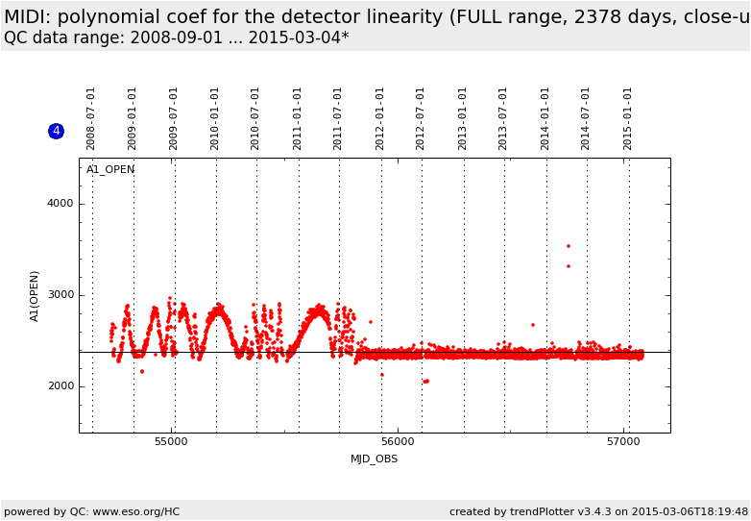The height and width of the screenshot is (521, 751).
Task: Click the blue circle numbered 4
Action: pos(56,131)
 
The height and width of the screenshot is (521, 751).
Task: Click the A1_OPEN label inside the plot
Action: pos(110,170)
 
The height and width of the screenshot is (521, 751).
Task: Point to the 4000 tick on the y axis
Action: pos(61,204)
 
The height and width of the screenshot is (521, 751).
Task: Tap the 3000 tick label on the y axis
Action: pos(61,295)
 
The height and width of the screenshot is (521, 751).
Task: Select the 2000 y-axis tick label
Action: pos(61,386)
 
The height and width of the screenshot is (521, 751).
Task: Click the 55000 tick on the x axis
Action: pos(172,441)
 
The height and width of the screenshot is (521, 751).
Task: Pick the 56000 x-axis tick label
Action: pos(398,441)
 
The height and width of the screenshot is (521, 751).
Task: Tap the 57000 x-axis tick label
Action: pos(623,441)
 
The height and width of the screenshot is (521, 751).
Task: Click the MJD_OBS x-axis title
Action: pos(374,459)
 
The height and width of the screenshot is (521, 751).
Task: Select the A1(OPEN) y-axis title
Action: pos(35,295)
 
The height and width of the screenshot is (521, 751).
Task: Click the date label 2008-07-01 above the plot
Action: pos(91,118)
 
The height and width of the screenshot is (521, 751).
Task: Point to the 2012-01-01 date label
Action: pos(380,118)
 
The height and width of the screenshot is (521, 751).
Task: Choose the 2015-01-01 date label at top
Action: pos(628,118)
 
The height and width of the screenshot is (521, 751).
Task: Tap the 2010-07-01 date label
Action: pos(255,118)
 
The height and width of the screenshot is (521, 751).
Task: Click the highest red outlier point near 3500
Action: pos(568,246)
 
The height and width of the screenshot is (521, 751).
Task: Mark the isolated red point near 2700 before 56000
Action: pos(371,322)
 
